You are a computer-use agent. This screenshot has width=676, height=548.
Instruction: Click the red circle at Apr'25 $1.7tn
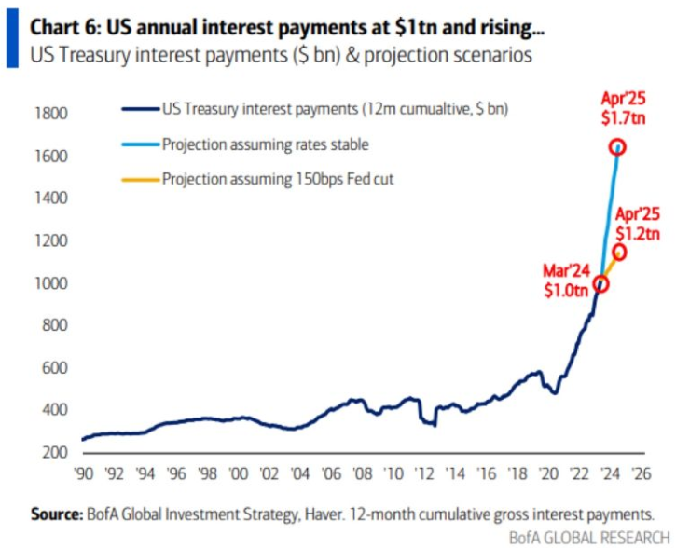[x=616, y=147]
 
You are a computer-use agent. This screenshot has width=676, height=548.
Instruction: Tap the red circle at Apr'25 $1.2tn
[x=618, y=253]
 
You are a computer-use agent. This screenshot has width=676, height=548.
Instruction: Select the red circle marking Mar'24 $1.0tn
[x=601, y=284]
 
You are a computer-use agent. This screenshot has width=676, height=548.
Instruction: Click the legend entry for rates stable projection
[x=265, y=144]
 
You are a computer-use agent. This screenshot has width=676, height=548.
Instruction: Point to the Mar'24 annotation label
[x=567, y=271]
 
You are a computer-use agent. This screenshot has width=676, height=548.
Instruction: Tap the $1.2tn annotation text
[x=638, y=233]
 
